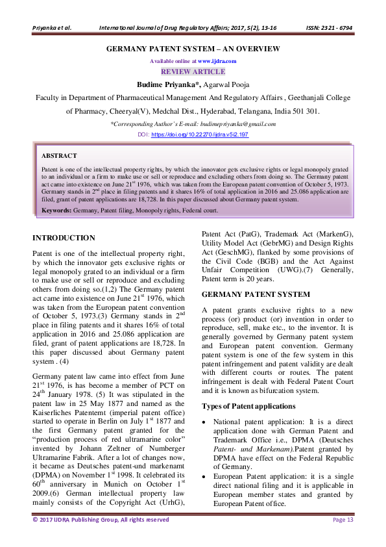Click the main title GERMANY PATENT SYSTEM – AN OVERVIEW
coord(193,49)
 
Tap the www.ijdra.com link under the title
coord(217,60)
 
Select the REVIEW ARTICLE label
coord(193,71)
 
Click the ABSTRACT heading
coord(59,157)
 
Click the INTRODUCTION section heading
coord(64,238)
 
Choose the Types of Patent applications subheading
coord(249,406)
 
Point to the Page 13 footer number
coord(343,520)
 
